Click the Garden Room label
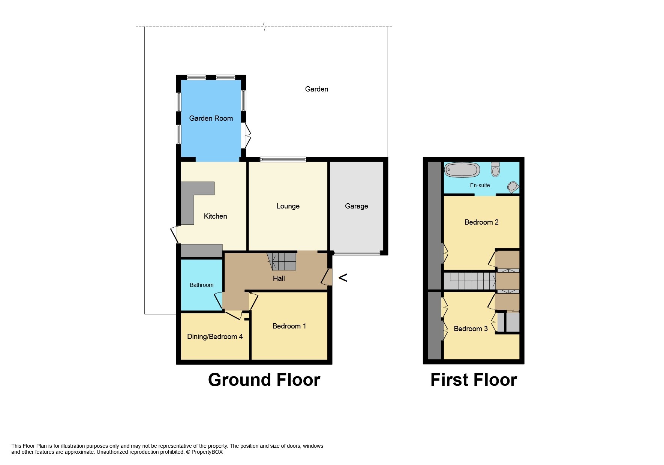point(211,118)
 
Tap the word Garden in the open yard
point(316,89)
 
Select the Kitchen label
point(215,216)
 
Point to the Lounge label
point(288,206)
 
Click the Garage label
point(356,206)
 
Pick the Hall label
point(279,279)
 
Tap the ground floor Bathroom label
point(201,285)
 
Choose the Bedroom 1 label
point(289,326)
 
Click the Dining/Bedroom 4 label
point(215,337)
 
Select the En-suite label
point(480,185)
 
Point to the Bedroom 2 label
point(481,222)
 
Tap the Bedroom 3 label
point(471,329)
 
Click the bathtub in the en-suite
point(462,170)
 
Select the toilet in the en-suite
point(495,169)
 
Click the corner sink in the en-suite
point(513,187)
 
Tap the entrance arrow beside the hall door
point(343,277)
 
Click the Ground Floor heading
point(264,380)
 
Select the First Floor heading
point(474,380)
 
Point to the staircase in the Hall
point(282,261)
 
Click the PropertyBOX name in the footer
point(207,452)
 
